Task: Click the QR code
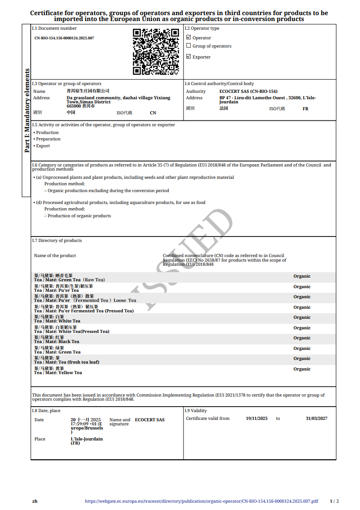coord(156,52)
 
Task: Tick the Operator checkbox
coord(188,38)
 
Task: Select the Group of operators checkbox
coord(188,46)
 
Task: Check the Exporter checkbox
coord(188,57)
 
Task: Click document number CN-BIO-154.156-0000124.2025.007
coord(64,38)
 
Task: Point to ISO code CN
coord(153,113)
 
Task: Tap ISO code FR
coord(306,109)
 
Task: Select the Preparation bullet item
coord(48,139)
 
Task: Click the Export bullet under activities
coord(43,146)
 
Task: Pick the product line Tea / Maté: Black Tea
coord(56,342)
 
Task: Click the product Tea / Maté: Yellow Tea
coord(58,373)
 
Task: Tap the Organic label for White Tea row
coord(302,317)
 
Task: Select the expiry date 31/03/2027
coord(317,419)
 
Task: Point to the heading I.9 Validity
coord(196,411)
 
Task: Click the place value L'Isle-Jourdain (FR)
coord(86,441)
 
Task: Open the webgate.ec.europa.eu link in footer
coord(201,501)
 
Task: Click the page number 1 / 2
coord(334,501)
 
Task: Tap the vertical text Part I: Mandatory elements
coord(27,110)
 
